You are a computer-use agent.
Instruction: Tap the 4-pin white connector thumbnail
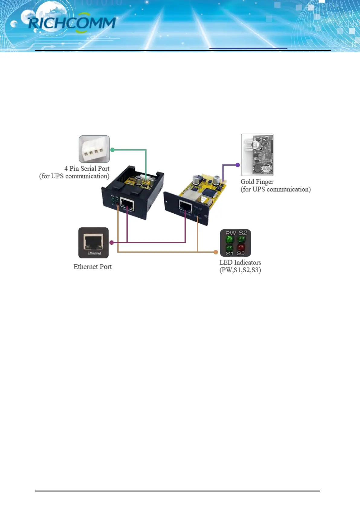click(94, 149)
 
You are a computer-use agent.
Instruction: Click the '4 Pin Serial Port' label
click(87, 169)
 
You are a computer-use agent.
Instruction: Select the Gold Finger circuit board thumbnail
click(257, 155)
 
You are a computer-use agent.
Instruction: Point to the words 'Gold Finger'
click(257, 182)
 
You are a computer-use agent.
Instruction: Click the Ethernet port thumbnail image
click(93, 243)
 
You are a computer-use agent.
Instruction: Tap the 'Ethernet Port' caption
click(92, 267)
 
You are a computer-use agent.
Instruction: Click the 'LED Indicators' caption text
click(240, 263)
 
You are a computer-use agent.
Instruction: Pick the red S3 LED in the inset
click(241, 247)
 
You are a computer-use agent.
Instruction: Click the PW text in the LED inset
click(230, 233)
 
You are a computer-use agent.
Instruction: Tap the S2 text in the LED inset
click(243, 233)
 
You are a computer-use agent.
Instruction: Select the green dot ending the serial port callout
click(112, 150)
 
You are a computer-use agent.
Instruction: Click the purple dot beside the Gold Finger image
click(238, 165)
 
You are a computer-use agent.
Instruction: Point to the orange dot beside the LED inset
click(216, 252)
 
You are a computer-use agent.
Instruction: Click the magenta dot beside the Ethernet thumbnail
click(112, 242)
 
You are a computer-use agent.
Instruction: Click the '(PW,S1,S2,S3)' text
click(240, 270)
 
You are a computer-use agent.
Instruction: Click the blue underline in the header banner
click(248, 48)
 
